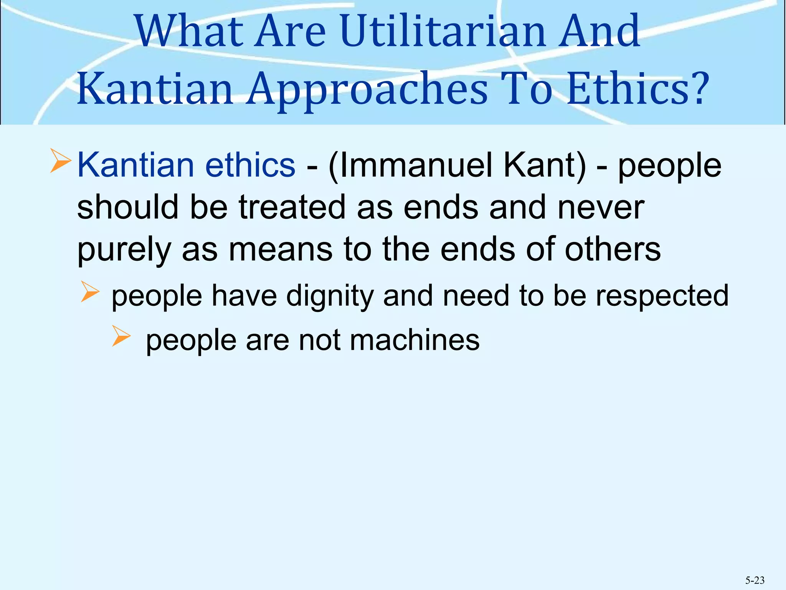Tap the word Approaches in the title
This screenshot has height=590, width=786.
[367, 89]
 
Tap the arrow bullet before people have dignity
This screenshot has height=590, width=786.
[90, 292]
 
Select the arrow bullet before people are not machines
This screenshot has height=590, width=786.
[121, 336]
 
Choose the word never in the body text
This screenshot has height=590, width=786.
[601, 207]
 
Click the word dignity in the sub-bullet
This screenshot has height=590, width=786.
[330, 296]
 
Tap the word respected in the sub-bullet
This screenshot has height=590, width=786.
[662, 296]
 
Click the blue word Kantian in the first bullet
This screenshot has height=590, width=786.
[136, 165]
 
